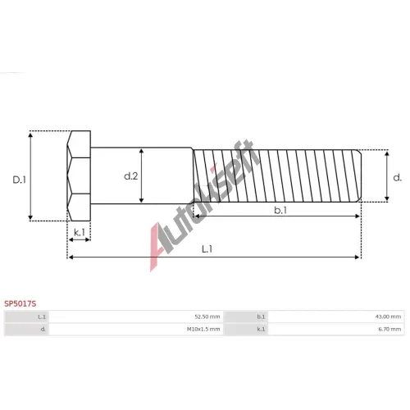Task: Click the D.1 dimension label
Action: (20, 180)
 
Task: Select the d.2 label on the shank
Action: (131, 176)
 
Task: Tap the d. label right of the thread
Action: (397, 178)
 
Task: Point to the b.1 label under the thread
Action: (280, 210)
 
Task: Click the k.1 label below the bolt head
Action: (80, 233)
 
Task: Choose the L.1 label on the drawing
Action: (207, 249)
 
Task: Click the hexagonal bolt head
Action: (79, 175)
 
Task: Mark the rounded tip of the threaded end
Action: (359, 175)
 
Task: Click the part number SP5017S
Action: (20, 303)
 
